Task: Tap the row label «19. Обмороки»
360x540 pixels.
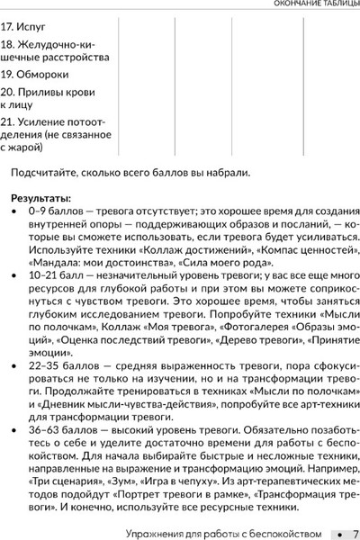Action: [36, 74]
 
